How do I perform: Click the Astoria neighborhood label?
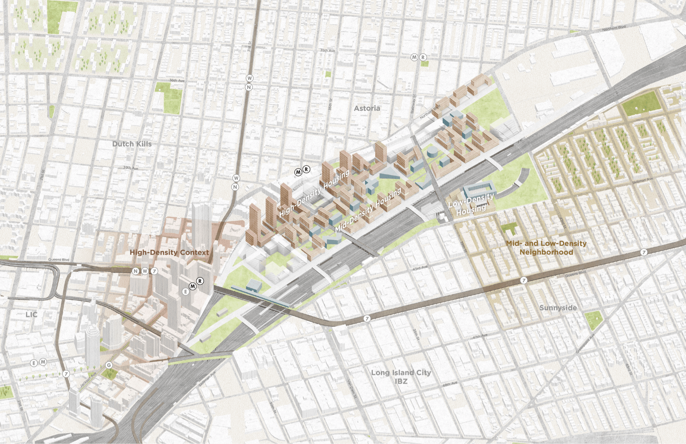pyautogui.click(x=367, y=108)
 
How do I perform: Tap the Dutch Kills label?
pyautogui.click(x=132, y=144)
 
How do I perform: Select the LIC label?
pyautogui.click(x=32, y=315)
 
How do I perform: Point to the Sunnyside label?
pyautogui.click(x=558, y=308)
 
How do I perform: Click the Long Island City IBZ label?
pyautogui.click(x=401, y=377)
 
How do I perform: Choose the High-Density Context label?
pyautogui.click(x=169, y=253)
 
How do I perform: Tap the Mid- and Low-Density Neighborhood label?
pyautogui.click(x=546, y=248)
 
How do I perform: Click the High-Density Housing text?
pyautogui.click(x=314, y=193)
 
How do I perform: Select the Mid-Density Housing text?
pyautogui.click(x=368, y=210)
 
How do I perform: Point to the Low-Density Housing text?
pyautogui.click(x=471, y=204)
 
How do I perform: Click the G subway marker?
pyautogui.click(x=109, y=365)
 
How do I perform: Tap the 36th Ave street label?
pyautogui.click(x=177, y=80)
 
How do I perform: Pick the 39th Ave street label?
pyautogui.click(x=131, y=168)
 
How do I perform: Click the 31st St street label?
pyautogui.click(x=249, y=47)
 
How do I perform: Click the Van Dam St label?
pyautogui.click(x=351, y=388)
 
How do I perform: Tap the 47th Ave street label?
pyautogui.click(x=480, y=336)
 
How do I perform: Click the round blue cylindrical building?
pyautogui.click(x=432, y=153)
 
